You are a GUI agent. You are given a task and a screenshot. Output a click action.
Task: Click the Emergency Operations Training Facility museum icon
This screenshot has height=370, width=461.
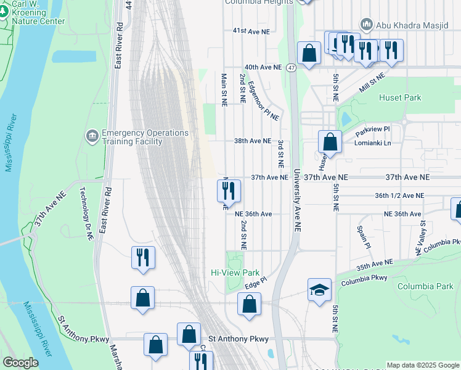pyautogui.click(x=92, y=135)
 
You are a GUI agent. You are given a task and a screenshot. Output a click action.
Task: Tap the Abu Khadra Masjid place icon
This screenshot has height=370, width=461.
pyautogui.click(x=367, y=24)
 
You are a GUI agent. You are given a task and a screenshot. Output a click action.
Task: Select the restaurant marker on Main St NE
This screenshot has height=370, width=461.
pyautogui.click(x=229, y=192)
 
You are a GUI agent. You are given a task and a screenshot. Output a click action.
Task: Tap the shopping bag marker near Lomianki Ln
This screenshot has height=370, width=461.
pyautogui.click(x=330, y=142)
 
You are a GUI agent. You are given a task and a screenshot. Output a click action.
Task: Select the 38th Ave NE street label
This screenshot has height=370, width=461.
pyautogui.click(x=252, y=141)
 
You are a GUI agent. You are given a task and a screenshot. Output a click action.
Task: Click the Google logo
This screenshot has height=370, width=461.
pyautogui.click(x=20, y=363)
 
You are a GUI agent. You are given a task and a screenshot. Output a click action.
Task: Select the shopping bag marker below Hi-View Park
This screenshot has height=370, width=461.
pyautogui.click(x=249, y=305)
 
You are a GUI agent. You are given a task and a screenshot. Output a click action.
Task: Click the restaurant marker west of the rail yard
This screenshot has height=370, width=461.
pyautogui.click(x=142, y=257)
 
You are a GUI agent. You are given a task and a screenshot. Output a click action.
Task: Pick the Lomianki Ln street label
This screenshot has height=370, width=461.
pyautogui.click(x=373, y=142)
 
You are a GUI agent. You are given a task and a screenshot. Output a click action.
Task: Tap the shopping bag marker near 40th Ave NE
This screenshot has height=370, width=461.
pyautogui.click(x=309, y=54)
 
